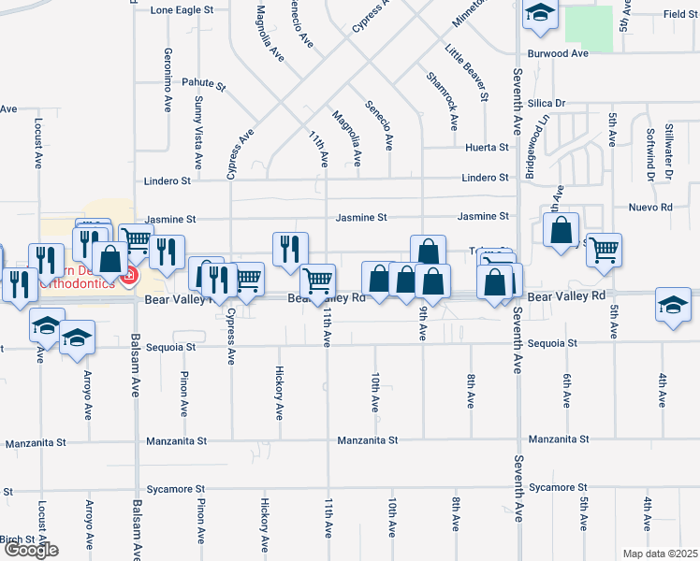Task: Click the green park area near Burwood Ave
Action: click(590, 28)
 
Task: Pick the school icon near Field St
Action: click(540, 13)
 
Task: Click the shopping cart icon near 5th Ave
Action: click(604, 250)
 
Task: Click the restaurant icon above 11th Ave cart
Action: click(289, 248)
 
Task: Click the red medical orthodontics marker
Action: click(130, 277)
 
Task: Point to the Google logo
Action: click(31, 550)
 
